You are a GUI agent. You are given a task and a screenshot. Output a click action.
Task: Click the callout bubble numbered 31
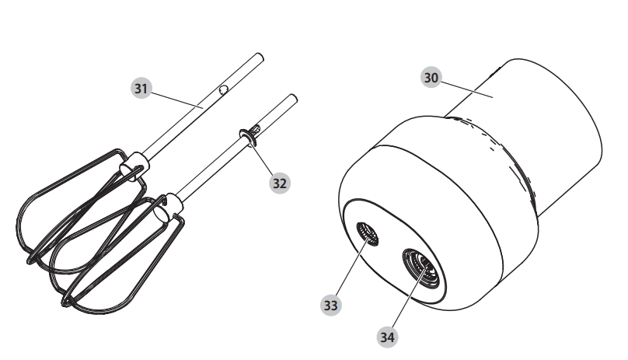[x=141, y=88]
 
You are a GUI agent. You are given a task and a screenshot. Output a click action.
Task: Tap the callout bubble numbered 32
[x=280, y=183]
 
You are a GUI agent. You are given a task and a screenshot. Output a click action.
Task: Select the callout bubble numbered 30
[x=431, y=78]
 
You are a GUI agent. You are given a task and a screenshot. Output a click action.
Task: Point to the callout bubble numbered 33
[x=331, y=306]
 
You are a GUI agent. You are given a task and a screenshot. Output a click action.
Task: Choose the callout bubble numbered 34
[x=387, y=337]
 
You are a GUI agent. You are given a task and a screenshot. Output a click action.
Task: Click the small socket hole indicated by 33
[x=368, y=234]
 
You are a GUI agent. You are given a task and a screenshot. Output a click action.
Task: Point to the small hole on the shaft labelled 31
[x=223, y=89]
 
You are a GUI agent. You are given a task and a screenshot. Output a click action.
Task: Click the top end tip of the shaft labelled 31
[x=260, y=57]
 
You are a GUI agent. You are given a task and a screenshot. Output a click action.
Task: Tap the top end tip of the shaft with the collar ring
[x=293, y=98]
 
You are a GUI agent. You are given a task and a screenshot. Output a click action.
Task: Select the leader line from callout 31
[x=177, y=100]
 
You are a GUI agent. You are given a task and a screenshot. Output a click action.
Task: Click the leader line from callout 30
[x=467, y=89]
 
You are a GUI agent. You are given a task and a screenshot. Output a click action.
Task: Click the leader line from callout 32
[x=263, y=158]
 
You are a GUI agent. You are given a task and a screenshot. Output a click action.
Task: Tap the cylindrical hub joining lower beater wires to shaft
[x=168, y=208]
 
